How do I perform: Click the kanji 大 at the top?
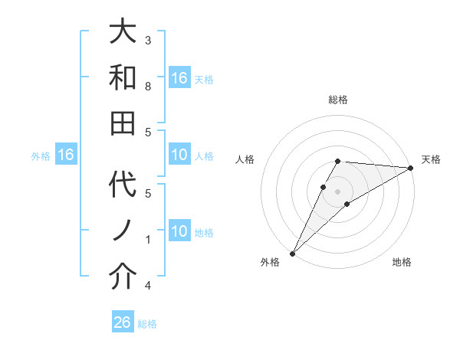pos(123,32)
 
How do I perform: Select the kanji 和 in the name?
pos(123,77)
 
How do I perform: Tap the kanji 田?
pos(123,122)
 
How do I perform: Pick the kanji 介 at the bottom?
pos(123,277)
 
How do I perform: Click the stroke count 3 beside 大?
pos(148,40)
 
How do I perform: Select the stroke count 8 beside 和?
pos(148,86)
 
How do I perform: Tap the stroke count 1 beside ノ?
pos(148,240)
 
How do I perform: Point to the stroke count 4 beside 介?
pos(148,286)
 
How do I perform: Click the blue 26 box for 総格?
pos(123,322)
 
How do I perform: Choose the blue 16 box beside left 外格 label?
pos(66,155)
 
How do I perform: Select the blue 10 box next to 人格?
pos(179,155)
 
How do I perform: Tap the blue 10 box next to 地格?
pos(179,231)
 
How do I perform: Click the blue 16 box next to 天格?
pos(179,78)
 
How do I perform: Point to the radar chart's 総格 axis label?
pos(337,100)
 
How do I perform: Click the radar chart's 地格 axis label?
pos(402,262)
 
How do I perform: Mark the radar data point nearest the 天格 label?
pos(411,168)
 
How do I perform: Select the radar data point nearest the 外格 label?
pos(292,253)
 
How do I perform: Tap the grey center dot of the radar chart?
pos(337,191)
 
